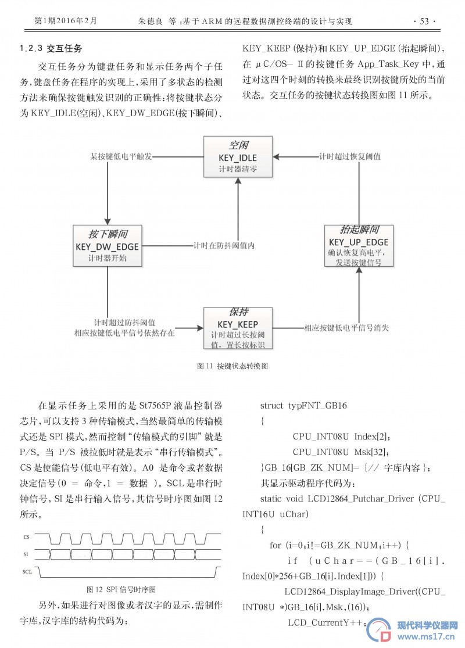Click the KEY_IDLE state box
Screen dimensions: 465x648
(238, 157)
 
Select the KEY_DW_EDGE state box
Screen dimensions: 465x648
(108, 246)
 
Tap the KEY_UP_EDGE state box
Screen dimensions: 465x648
(359, 246)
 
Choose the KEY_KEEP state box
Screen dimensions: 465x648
(238, 328)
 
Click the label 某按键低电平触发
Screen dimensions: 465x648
(121, 157)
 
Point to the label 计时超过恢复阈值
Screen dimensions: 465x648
(350, 157)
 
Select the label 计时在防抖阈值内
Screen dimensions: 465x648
(224, 245)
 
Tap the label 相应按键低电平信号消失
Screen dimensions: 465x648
(346, 328)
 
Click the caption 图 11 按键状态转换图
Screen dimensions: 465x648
(233, 366)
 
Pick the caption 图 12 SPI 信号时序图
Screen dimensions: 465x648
(121, 589)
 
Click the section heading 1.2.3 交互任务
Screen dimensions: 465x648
(51, 48)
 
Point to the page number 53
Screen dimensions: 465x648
(424, 21)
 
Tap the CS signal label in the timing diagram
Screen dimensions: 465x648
(27, 537)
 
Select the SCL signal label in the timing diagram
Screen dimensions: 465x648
(27, 571)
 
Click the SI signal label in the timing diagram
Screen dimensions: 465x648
(26, 554)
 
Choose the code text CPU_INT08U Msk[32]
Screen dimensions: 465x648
(341, 452)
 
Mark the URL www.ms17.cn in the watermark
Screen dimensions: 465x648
(426, 636)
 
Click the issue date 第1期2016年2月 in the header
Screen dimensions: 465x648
(66, 21)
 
